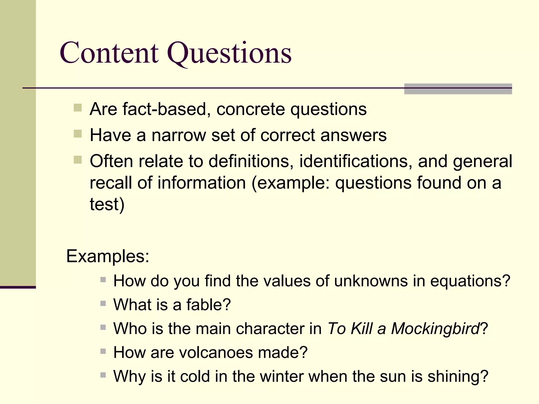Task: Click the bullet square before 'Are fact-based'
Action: pyautogui.click(x=78, y=108)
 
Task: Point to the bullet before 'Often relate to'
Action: pyautogui.click(x=78, y=160)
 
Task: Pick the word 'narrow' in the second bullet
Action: pyautogui.click(x=179, y=135)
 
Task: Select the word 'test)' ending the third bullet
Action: pyautogui.click(x=107, y=204)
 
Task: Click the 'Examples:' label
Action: pyautogui.click(x=108, y=256)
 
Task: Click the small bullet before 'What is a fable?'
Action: pyautogui.click(x=103, y=304)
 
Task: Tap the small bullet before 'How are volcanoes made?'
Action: pyautogui.click(x=103, y=351)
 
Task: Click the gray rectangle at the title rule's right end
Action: pyautogui.click(x=458, y=89)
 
